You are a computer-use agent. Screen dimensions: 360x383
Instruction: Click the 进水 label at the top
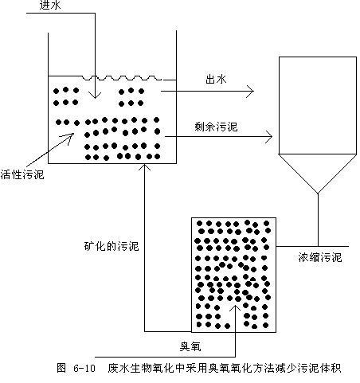click(50, 6)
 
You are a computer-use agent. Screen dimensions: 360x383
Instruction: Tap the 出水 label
click(216, 79)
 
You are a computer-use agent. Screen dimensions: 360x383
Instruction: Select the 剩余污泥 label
click(216, 127)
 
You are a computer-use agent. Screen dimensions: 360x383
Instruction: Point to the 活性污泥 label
click(22, 174)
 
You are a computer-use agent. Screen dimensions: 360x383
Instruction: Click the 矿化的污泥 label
click(112, 246)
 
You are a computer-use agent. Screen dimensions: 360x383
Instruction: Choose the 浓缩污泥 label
click(320, 257)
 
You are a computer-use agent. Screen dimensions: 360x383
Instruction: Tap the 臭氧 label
click(190, 346)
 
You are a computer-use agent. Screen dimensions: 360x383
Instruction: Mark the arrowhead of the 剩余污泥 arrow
click(270, 137)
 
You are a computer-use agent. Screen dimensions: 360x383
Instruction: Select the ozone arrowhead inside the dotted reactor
click(235, 307)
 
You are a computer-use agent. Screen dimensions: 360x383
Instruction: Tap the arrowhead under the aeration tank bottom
click(144, 166)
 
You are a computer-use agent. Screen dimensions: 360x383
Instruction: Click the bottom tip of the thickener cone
click(318, 193)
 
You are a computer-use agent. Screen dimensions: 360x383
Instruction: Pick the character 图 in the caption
click(61, 368)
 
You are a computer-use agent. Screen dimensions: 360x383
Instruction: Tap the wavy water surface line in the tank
click(122, 78)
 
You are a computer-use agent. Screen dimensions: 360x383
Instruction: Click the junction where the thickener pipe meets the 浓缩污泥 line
click(318, 246)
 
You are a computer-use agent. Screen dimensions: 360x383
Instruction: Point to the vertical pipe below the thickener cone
click(318, 220)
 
